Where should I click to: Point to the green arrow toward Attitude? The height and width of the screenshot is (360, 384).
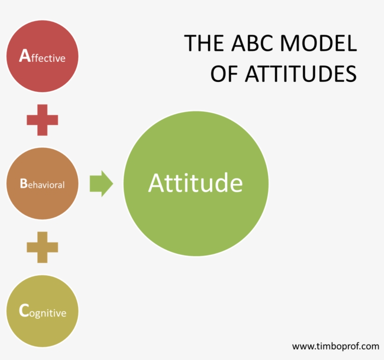pos(101,184)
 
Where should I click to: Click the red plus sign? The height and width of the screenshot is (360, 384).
pos(42,120)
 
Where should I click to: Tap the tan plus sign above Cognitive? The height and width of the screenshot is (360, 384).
pos(42,247)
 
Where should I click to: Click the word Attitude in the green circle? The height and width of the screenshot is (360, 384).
pos(196,184)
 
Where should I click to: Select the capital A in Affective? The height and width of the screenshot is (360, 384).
pos(24,57)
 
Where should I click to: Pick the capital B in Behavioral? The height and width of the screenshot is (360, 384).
pos(23,184)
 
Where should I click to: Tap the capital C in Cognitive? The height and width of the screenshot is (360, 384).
pos(24,311)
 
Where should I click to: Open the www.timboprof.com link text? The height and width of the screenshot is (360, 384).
pos(335,346)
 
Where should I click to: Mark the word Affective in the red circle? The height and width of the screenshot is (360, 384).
pos(42,58)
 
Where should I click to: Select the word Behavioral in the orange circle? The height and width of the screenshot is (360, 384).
pos(42,184)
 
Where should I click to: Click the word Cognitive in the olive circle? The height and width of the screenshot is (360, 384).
pos(43,312)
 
